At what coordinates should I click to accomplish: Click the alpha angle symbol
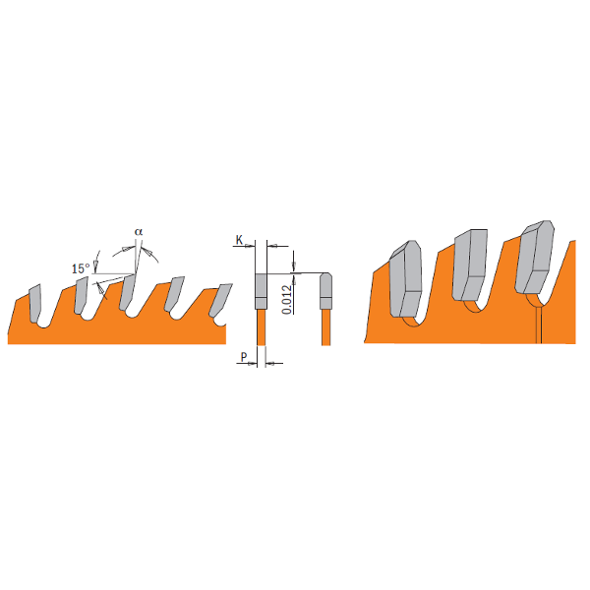pos(139,231)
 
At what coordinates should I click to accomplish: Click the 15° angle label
pos(82,267)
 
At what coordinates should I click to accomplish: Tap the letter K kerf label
pos(239,239)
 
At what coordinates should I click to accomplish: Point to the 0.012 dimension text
pos(285,296)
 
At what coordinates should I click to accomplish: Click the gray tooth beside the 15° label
pos(82,296)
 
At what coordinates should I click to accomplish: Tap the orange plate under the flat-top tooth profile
pos(262,326)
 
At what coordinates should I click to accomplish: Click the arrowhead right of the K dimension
pos(272,244)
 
